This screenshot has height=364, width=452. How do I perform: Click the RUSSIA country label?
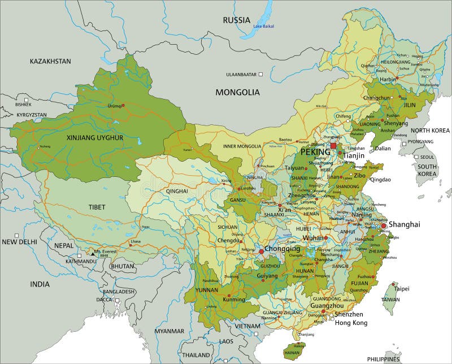click(x=236, y=20)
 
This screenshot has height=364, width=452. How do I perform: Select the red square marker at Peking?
click(x=333, y=146)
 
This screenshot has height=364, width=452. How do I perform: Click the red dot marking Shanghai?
click(x=384, y=226)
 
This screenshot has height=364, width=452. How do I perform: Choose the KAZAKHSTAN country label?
click(x=50, y=61)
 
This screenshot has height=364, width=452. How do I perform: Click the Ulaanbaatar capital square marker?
click(x=261, y=74)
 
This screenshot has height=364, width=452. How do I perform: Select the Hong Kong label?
click(x=351, y=323)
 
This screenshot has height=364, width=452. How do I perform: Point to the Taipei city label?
click(x=402, y=288)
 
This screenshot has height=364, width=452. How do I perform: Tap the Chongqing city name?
click(x=282, y=249)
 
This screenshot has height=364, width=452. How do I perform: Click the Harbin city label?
click(x=388, y=80)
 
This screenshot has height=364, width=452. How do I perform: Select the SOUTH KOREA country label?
click(x=427, y=171)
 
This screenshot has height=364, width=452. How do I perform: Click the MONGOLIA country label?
click(x=238, y=92)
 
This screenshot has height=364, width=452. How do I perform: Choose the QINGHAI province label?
click(x=177, y=192)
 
